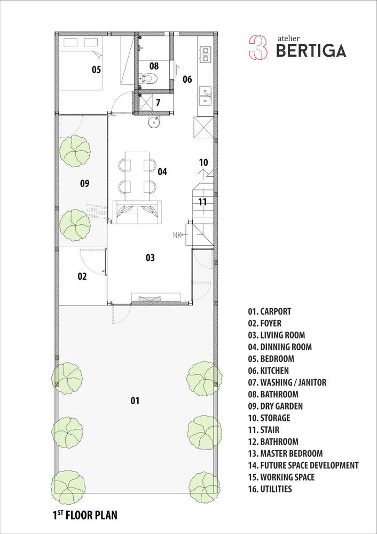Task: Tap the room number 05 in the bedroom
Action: coord(96,70)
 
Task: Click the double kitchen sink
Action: coord(205,96)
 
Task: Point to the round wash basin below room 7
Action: coord(154,122)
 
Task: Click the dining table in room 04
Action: coord(137,176)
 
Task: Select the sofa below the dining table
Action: coord(137,212)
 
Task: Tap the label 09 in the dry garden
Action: coord(85,184)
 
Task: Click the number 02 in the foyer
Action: coord(82,277)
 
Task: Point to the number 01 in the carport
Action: coord(135,401)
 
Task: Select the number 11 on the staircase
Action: coord(202,202)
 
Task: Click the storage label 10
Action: coord(203,162)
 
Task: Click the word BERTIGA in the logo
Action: coord(311,51)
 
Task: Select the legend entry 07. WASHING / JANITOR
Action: coord(287,382)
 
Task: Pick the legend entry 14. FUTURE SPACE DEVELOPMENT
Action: coord(303,465)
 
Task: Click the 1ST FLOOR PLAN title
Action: coord(85,515)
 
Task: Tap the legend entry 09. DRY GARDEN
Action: coord(275,406)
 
